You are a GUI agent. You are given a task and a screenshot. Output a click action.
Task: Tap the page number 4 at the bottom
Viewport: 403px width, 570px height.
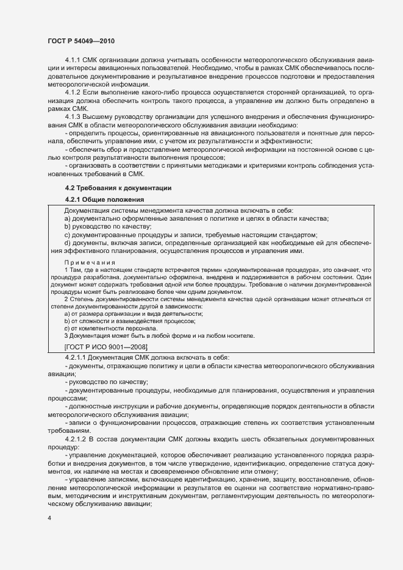pos(49,518)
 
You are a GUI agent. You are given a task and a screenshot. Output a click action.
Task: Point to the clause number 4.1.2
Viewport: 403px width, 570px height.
pos(74,91)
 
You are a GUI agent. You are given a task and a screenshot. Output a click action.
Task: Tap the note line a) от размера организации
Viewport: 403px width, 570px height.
pos(134,313)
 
